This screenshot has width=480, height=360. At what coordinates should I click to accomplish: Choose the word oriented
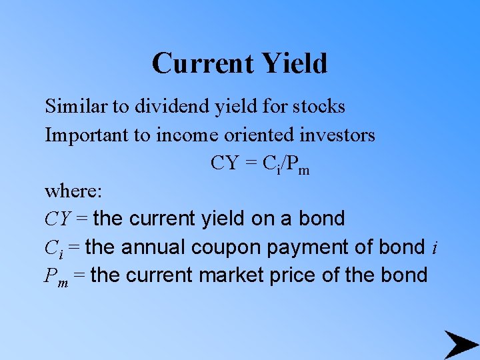(x=255, y=135)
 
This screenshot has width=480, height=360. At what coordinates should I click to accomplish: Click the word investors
(x=337, y=135)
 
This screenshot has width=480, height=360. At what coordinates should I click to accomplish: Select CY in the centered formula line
(x=224, y=163)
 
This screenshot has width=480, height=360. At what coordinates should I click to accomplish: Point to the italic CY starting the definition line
(x=57, y=219)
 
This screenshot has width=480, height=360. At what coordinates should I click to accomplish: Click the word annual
(x=155, y=247)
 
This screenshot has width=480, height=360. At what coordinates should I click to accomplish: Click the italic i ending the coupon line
(x=435, y=247)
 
